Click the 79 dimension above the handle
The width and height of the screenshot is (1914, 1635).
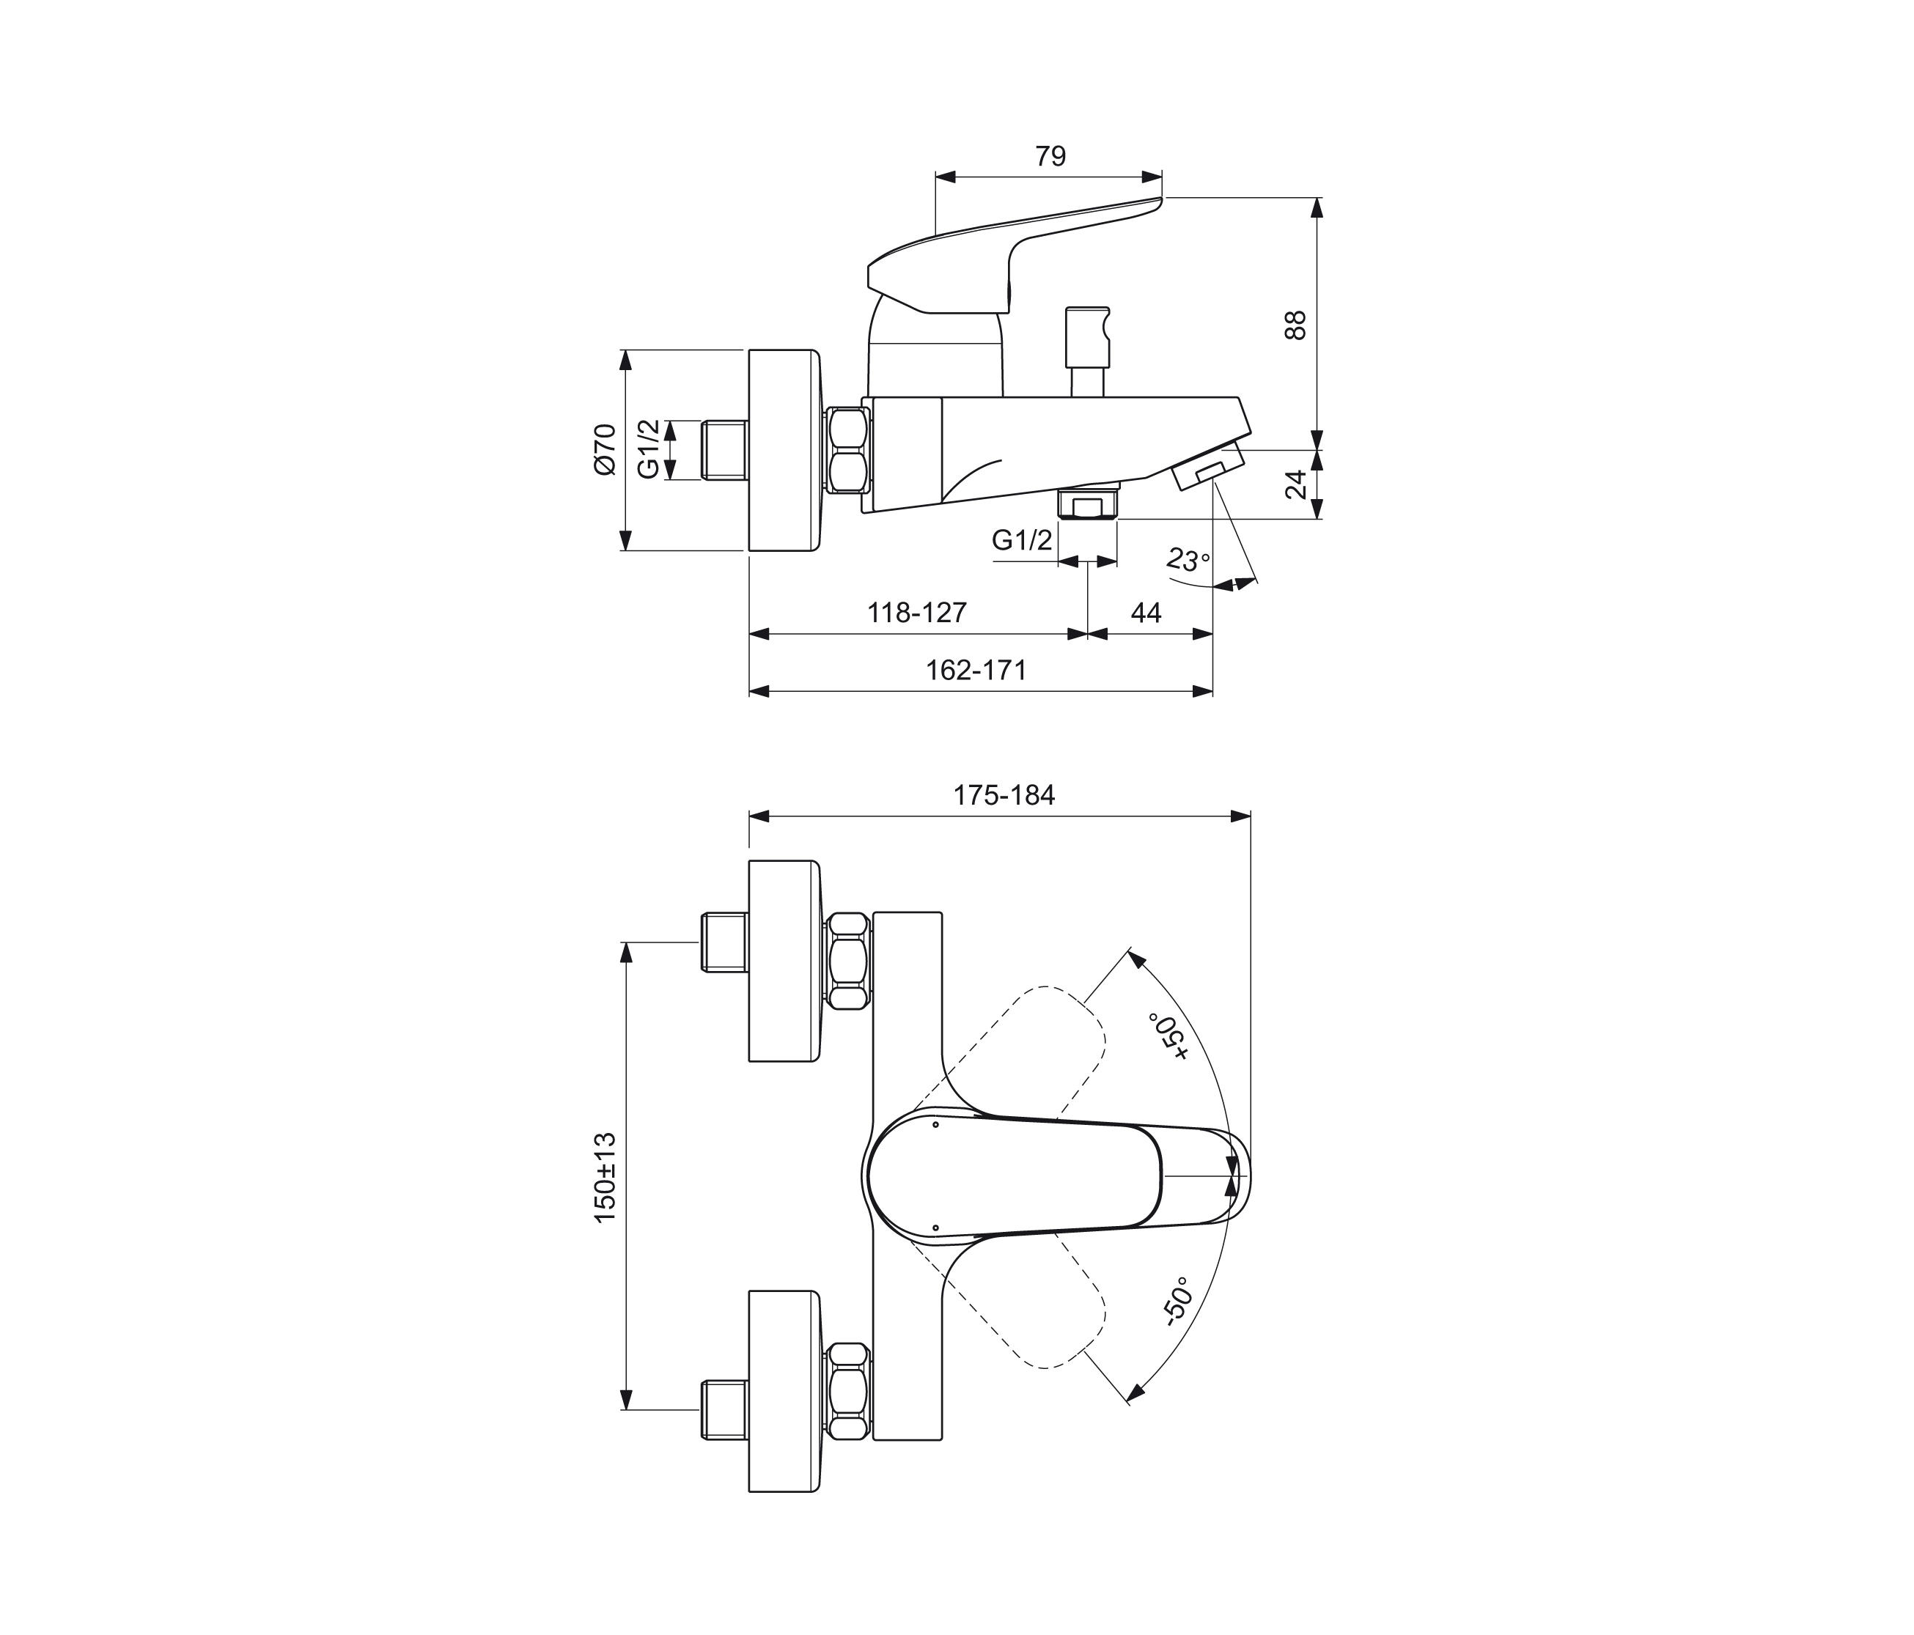pyautogui.click(x=1050, y=157)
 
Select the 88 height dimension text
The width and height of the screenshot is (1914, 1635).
pyautogui.click(x=1296, y=325)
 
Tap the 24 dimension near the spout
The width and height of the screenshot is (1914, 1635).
pyautogui.click(x=1297, y=484)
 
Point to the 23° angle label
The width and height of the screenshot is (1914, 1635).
pyautogui.click(x=1187, y=560)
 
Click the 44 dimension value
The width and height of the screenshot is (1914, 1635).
pyautogui.click(x=1146, y=613)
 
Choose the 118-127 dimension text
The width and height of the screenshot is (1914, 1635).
pyautogui.click(x=916, y=613)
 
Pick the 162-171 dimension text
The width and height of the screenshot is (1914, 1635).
pyautogui.click(x=976, y=670)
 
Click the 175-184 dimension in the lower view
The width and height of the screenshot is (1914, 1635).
pyautogui.click(x=1004, y=795)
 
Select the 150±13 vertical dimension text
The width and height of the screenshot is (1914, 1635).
pyautogui.click(x=604, y=1178)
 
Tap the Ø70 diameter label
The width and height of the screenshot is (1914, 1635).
pyautogui.click(x=604, y=449)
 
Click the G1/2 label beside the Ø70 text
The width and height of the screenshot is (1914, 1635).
pyautogui.click(x=650, y=449)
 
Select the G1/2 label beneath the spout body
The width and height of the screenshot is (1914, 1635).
pyautogui.click(x=1022, y=540)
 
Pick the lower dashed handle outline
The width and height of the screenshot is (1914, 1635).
pyautogui.click(x=1034, y=1312)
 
